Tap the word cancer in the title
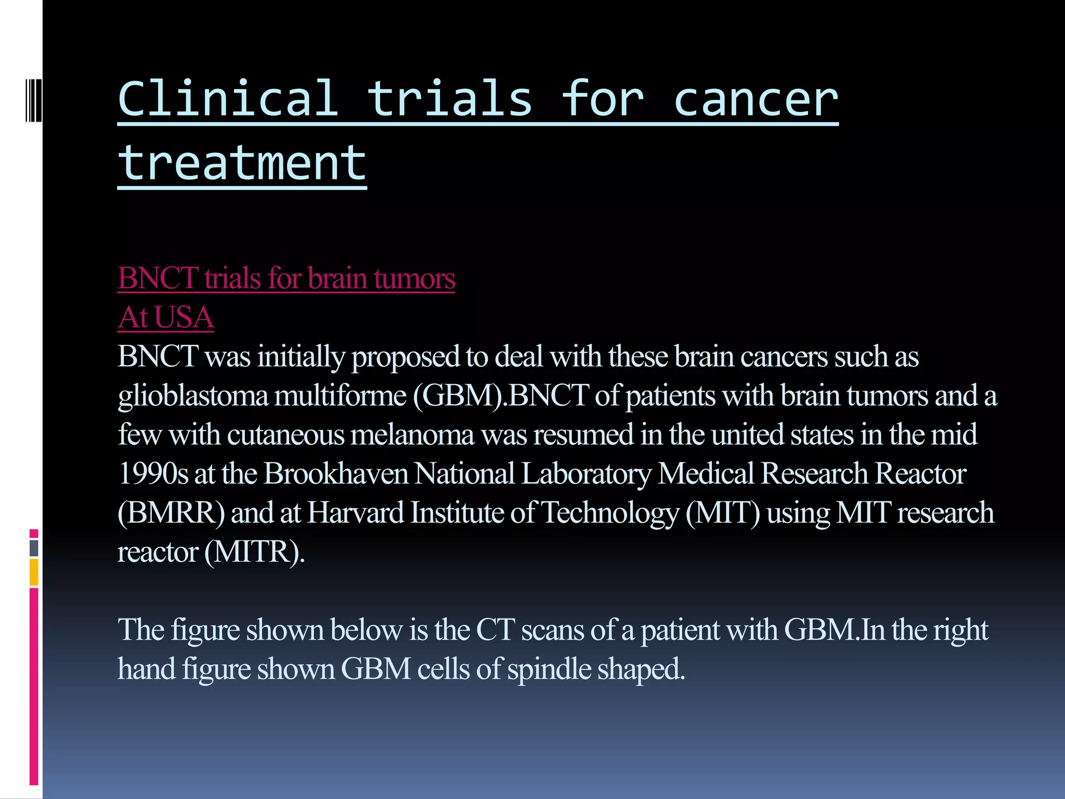coord(755,100)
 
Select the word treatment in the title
coord(242,163)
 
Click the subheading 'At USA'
coord(166,317)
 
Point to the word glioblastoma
coord(193,396)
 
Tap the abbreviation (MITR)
coord(254,552)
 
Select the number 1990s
coord(153,474)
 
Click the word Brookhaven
coord(335,474)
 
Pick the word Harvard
coord(356,513)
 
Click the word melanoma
coord(412,435)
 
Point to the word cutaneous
coord(285,435)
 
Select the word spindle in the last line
coord(549,669)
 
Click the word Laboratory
coord(586,474)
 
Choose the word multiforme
coord(340,396)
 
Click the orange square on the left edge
coord(34,572)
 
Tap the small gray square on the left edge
coord(34,548)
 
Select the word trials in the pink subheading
coord(232,278)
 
